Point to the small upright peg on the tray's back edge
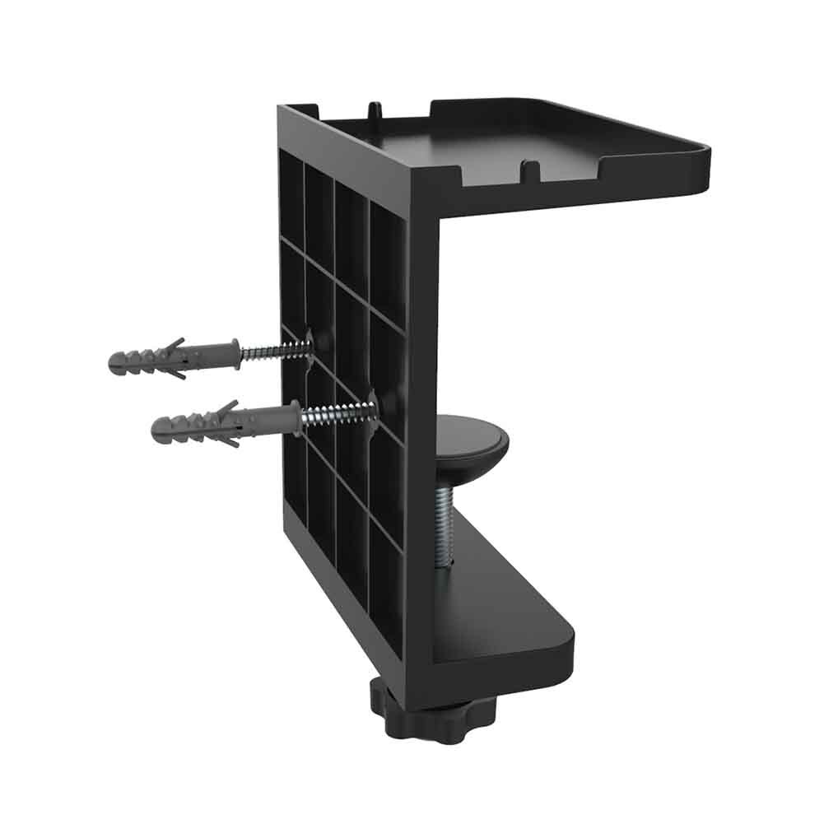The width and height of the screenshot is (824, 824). coord(375,110)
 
